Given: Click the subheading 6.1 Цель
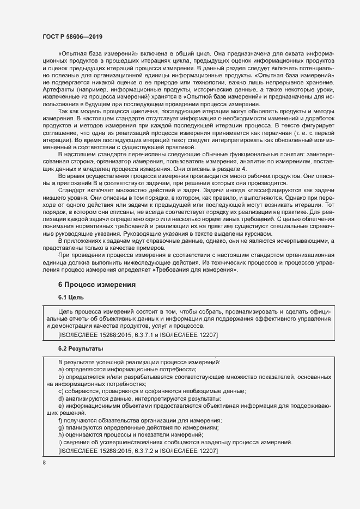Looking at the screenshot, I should (70, 298).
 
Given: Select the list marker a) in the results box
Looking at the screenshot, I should (61, 369).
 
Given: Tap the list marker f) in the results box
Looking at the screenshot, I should (60, 420).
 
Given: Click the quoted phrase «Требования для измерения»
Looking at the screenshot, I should (202, 269).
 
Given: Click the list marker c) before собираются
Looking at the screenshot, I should (60, 391).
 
